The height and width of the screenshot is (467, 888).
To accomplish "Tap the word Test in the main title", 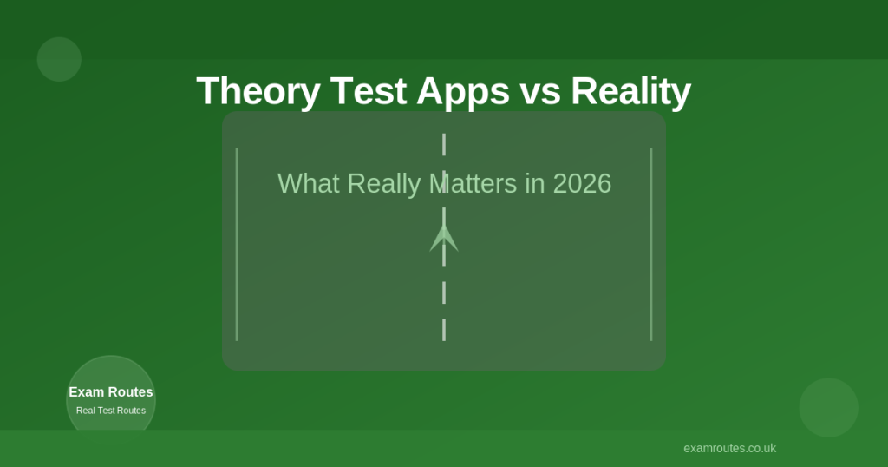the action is pyautogui.click(x=368, y=90).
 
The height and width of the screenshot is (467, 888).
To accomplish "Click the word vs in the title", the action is pyautogui.click(x=540, y=94).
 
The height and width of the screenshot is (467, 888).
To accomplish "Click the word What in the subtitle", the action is pyautogui.click(x=309, y=184).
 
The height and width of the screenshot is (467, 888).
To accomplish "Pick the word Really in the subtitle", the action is pyautogui.click(x=384, y=185).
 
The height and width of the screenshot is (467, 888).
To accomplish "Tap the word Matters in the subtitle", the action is pyautogui.click(x=473, y=184).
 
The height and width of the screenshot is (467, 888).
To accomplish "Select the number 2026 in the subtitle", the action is pyautogui.click(x=582, y=184).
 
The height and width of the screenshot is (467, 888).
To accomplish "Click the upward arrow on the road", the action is pyautogui.click(x=444, y=237).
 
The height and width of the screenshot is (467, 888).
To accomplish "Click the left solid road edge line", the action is pyautogui.click(x=237, y=245).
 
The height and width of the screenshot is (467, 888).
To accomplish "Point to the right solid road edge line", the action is pyautogui.click(x=651, y=245).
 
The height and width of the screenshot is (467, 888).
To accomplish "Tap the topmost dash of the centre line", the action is pyautogui.click(x=444, y=144).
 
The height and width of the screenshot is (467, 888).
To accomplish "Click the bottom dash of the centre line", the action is pyautogui.click(x=444, y=330).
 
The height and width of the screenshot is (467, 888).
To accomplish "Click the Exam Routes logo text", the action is pyautogui.click(x=111, y=392).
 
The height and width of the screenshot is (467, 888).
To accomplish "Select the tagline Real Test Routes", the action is pyautogui.click(x=111, y=411).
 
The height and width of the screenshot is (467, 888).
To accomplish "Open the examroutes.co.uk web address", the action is pyautogui.click(x=729, y=448).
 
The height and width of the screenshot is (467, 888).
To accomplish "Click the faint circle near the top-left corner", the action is pyautogui.click(x=59, y=60).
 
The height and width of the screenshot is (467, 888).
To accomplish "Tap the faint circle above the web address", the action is pyautogui.click(x=828, y=408).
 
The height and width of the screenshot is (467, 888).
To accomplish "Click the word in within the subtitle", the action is pyautogui.click(x=535, y=184).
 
